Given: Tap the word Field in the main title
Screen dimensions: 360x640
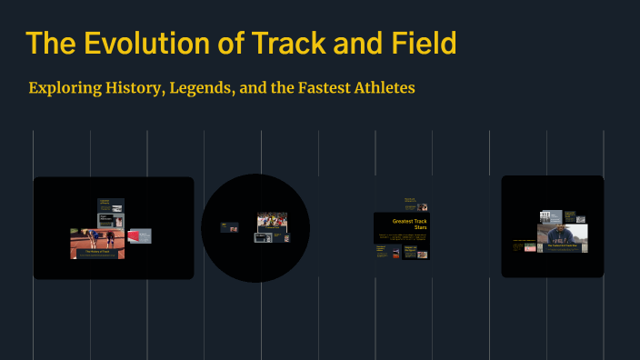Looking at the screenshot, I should click(419, 44).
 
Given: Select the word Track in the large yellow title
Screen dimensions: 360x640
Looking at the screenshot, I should click(284, 44).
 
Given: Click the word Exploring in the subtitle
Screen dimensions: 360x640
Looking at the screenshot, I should click(63, 88).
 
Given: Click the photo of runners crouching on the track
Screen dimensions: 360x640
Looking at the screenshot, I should click(97, 240).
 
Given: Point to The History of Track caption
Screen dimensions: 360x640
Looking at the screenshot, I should click(97, 253).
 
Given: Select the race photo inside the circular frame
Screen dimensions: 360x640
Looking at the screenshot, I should click(272, 220).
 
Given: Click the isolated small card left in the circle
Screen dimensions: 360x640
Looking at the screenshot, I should click(229, 226).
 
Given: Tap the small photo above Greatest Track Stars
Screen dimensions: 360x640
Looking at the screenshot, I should click(423, 208).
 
